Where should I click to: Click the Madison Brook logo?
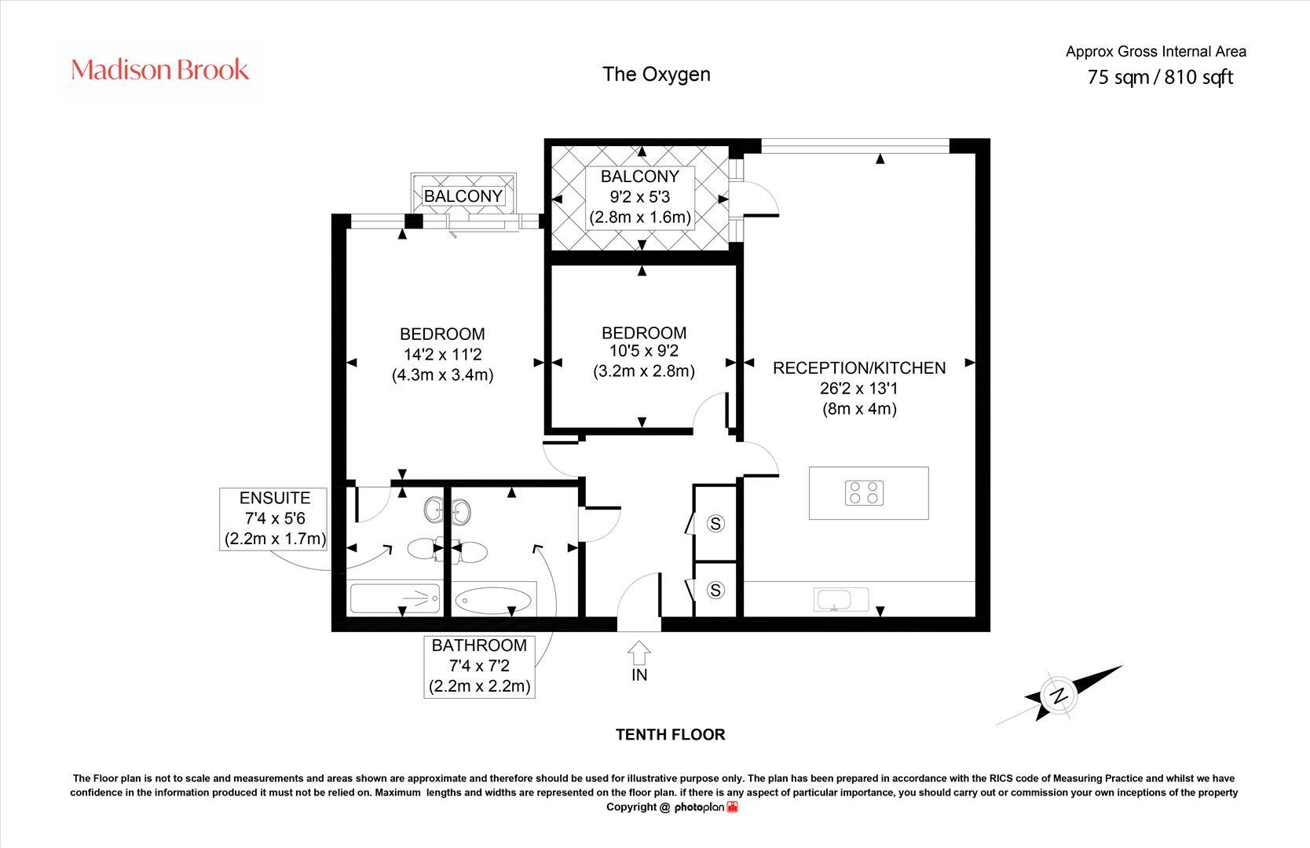[160, 70]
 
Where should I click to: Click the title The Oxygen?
[656, 74]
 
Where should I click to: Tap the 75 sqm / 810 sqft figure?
[1159, 77]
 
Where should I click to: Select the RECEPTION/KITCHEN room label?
[859, 367]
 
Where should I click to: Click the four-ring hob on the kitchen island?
[865, 493]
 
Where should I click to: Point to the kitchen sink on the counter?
[833, 601]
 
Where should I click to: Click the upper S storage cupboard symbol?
[715, 523]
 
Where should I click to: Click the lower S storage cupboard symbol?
[715, 590]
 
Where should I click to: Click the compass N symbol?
[1059, 695]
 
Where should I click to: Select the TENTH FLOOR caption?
[670, 735]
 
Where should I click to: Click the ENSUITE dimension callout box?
[274, 518]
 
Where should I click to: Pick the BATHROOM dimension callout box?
[479, 666]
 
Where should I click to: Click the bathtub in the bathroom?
[493, 601]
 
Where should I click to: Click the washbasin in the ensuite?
[433, 511]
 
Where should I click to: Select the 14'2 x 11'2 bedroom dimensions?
[442, 354]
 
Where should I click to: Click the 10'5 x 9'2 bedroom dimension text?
[643, 351]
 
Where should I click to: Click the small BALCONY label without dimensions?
[463, 196]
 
